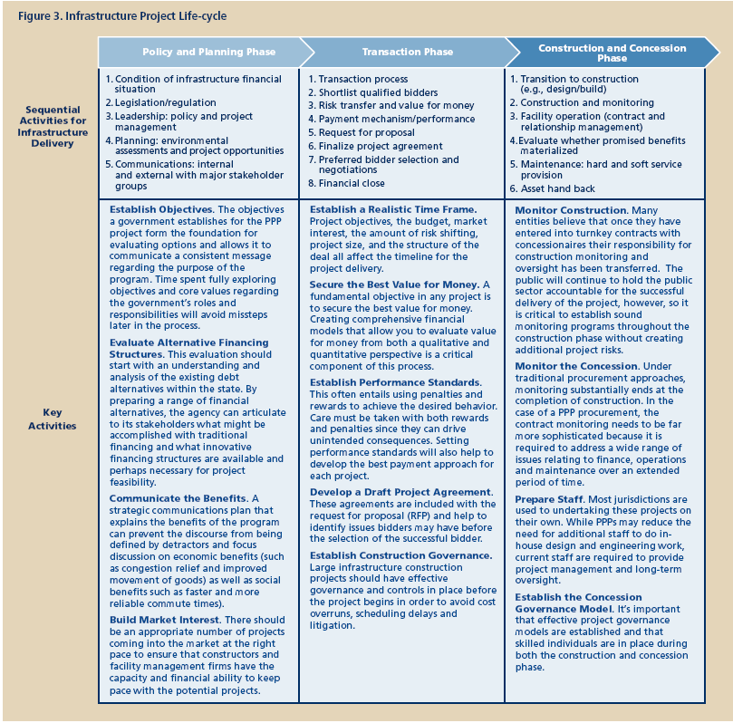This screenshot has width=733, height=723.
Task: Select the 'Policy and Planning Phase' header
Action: click(208, 52)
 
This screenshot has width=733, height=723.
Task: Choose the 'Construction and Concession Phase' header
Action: click(612, 52)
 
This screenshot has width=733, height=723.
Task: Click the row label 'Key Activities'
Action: click(52, 419)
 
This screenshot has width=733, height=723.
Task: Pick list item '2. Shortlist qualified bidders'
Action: click(378, 92)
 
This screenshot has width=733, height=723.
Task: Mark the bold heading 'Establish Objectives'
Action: click(161, 209)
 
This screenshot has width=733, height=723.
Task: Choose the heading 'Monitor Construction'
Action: click(571, 210)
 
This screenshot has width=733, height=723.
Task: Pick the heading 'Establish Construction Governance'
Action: click(401, 555)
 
